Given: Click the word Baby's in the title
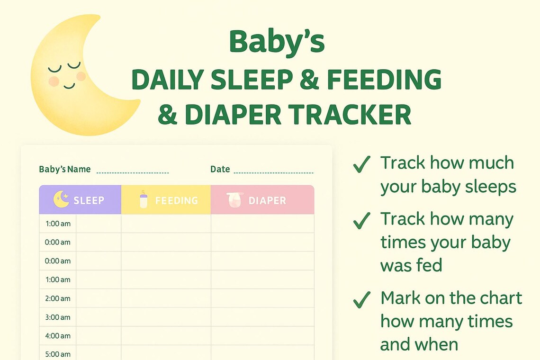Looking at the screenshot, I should (x=277, y=42).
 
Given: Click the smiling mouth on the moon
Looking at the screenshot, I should (x=70, y=86).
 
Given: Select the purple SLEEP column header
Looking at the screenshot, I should (x=80, y=200).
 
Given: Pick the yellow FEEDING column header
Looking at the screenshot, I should (x=166, y=200).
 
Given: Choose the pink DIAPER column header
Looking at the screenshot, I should (x=262, y=200).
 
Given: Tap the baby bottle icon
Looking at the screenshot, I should (x=144, y=199).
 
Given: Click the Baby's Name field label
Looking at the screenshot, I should (x=64, y=169).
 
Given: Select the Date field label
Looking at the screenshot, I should (x=220, y=169).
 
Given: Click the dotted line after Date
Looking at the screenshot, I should (x=273, y=172).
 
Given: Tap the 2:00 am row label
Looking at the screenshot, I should (x=58, y=298).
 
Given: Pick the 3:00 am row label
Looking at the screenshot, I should (x=58, y=317).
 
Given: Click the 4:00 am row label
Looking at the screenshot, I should (x=58, y=336).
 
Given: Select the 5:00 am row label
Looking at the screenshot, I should (x=58, y=354).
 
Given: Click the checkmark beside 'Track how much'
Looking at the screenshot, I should (x=361, y=164).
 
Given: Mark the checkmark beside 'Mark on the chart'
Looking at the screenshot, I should (x=361, y=299).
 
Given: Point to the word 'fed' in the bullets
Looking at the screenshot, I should (x=428, y=266).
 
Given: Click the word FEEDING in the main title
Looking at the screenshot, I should (x=384, y=80).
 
